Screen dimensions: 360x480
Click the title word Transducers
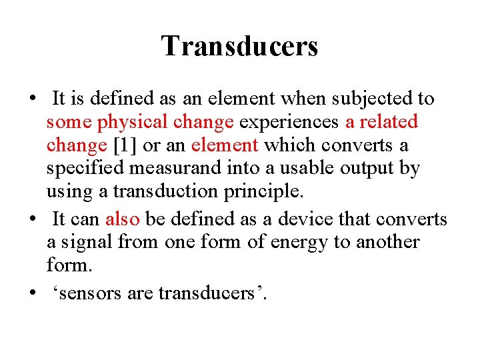239,46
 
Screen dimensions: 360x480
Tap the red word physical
131,122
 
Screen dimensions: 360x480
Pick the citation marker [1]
125,145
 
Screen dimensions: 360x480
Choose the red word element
223,145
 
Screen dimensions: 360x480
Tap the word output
361,169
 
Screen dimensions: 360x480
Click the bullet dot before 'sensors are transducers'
33,293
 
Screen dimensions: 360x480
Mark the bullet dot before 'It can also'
33,219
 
